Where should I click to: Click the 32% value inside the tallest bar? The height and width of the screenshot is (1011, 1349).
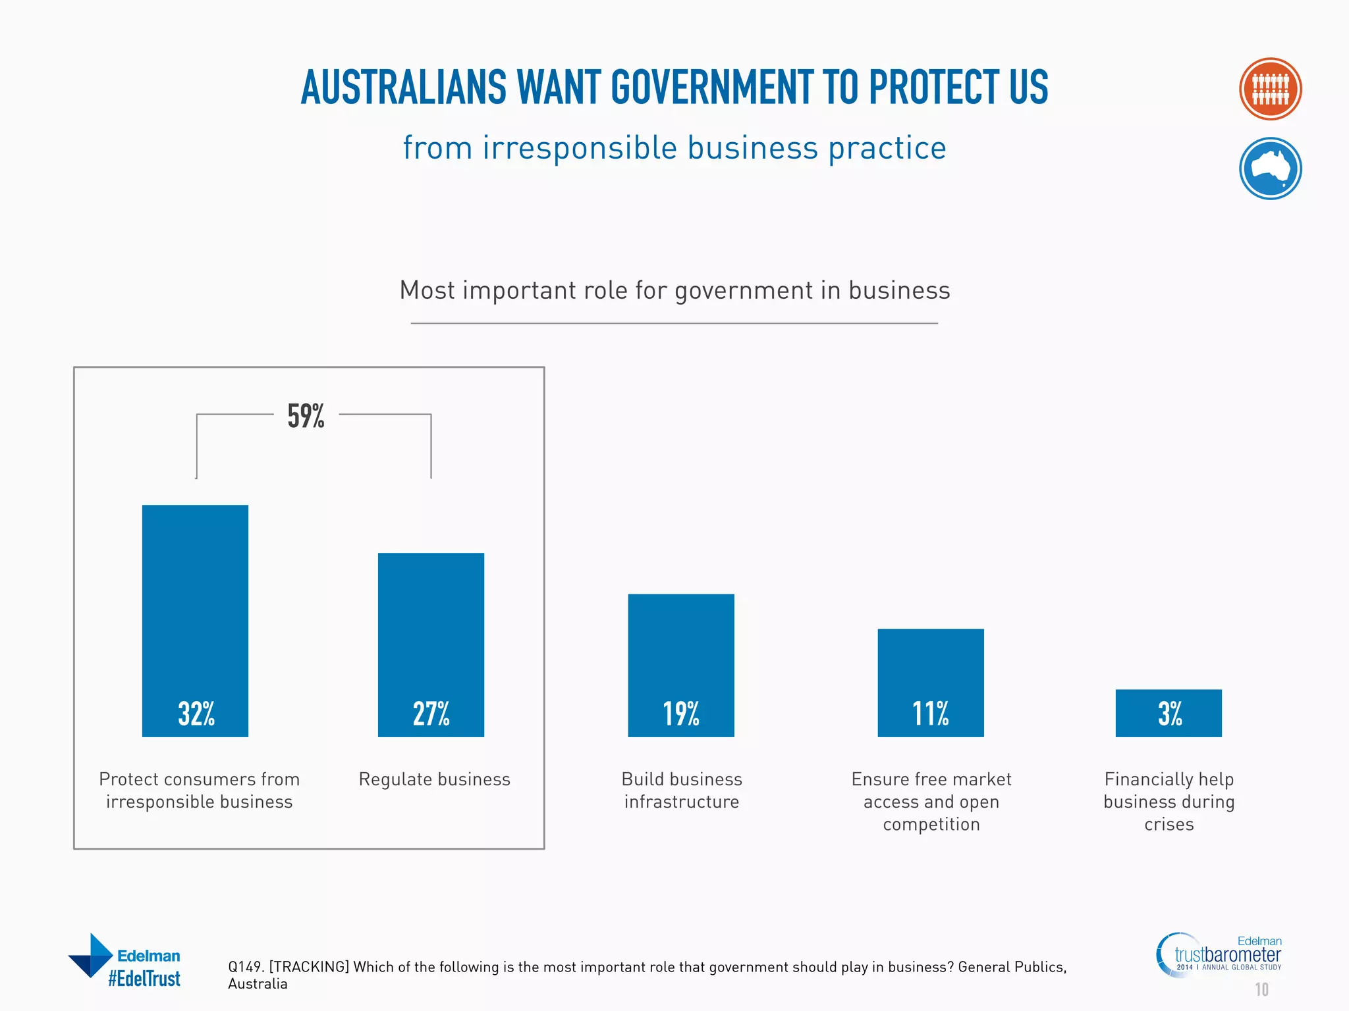[196, 713]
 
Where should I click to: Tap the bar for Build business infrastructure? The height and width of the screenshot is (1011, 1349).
[680, 665]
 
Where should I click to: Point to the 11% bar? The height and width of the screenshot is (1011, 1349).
[930, 682]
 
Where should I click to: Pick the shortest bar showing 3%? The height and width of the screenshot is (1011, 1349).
[1169, 713]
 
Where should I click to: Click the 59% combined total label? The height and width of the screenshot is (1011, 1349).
[306, 416]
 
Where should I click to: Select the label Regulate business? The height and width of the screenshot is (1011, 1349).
[434, 779]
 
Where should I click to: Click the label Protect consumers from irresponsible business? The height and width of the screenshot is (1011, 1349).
[199, 791]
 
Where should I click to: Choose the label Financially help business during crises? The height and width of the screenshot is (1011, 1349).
[1169, 802]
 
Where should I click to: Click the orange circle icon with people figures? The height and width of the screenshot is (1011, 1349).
[1270, 89]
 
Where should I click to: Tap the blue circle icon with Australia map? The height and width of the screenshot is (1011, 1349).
[1270, 168]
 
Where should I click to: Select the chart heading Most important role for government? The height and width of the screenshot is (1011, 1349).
[674, 290]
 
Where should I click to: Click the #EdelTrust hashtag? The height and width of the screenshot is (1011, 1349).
[144, 979]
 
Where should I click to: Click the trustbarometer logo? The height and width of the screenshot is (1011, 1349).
[1226, 955]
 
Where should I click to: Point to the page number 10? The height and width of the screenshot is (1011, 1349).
[1261, 989]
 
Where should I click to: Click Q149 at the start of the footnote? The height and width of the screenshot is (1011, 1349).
[245, 967]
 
